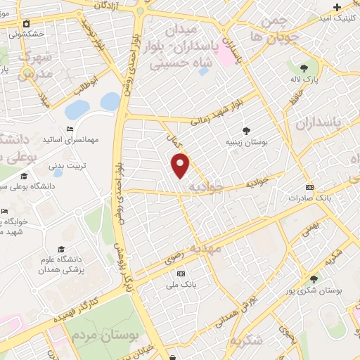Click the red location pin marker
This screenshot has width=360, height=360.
click(181, 165)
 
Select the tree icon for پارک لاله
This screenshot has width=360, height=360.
click(304, 67)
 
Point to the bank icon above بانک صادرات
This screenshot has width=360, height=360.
click(310, 187)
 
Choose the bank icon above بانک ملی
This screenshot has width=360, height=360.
click(181, 273)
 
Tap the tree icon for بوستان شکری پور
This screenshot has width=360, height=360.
click(314, 279)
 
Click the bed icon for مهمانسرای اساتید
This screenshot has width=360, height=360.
click(68, 129)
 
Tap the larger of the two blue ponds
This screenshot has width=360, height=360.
click(77, 109)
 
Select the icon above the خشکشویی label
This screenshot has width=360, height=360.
click(26, 23)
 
